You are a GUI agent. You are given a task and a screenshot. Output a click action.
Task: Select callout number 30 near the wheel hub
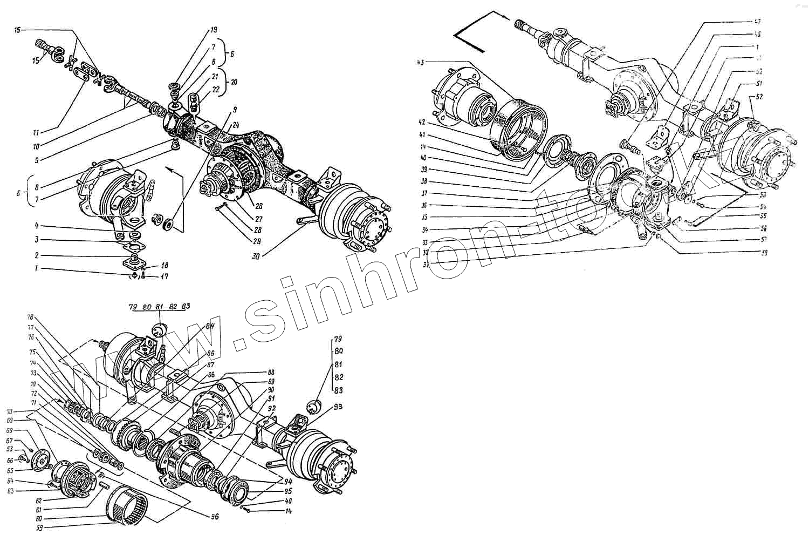tap(255, 256)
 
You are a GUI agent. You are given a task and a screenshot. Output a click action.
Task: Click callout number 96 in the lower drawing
tap(215, 516)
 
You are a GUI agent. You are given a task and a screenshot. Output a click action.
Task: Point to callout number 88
tap(271, 373)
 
